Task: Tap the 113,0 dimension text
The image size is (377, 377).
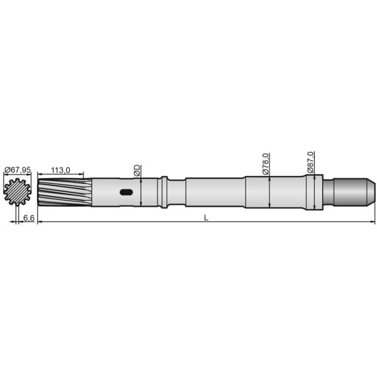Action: click(x=60, y=170)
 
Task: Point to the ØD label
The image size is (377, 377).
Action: click(x=136, y=170)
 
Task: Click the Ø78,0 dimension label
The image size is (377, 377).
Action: click(x=266, y=163)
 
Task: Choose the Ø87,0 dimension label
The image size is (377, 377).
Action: click(x=311, y=161)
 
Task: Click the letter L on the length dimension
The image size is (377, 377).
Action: click(x=206, y=217)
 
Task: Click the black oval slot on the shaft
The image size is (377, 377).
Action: click(x=126, y=192)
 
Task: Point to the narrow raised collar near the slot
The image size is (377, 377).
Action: click(x=164, y=191)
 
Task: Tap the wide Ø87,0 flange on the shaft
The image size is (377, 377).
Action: click(x=315, y=191)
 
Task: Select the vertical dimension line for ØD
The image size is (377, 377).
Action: click(x=142, y=192)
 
